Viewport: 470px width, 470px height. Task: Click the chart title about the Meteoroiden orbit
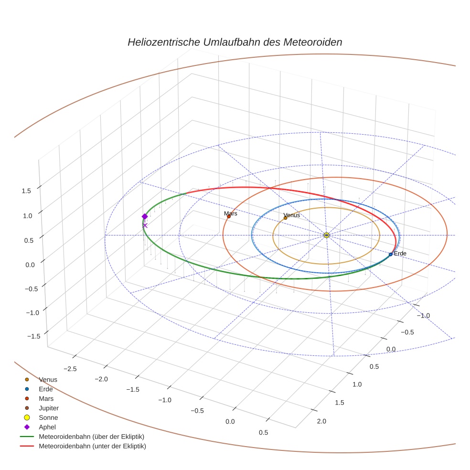point(235,42)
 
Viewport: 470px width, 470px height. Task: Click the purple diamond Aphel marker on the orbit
point(145,216)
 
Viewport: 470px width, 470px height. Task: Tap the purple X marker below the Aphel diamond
point(145,225)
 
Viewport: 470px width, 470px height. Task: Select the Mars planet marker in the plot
point(229,217)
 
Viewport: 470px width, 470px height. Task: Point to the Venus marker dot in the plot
point(286,218)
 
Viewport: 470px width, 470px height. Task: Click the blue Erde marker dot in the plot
point(391,254)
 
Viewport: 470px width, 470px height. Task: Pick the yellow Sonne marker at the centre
point(327,235)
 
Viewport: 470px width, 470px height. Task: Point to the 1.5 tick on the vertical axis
point(27,191)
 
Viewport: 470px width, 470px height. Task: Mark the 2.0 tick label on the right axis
point(321,421)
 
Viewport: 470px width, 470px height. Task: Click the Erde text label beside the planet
point(400,253)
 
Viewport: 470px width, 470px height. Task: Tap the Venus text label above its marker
point(291,215)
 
